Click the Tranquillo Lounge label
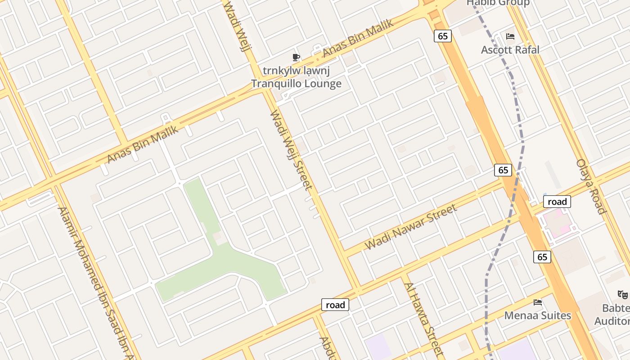(x=296, y=83)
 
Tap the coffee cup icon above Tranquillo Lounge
(x=296, y=57)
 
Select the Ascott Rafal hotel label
(x=510, y=49)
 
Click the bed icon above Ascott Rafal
(x=510, y=36)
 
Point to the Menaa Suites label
(x=537, y=315)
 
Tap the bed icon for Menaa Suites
(x=537, y=302)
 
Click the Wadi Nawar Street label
(x=411, y=226)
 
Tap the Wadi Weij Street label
(x=290, y=150)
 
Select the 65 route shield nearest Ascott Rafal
(x=443, y=36)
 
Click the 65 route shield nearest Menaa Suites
(x=542, y=256)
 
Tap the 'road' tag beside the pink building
(x=557, y=202)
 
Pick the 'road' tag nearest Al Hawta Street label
(x=335, y=305)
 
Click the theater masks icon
(x=623, y=295)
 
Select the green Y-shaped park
(x=225, y=256)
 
